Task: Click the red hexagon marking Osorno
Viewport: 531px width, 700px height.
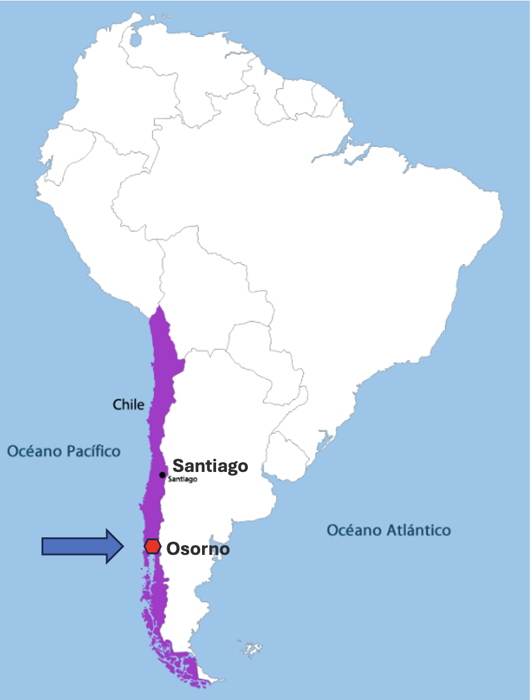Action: [152, 546]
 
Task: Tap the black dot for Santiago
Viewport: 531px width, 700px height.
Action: [162, 475]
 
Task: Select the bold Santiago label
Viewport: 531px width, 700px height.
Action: [211, 466]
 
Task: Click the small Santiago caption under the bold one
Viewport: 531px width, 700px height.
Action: [182, 480]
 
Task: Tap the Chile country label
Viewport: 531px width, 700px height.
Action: [129, 404]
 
